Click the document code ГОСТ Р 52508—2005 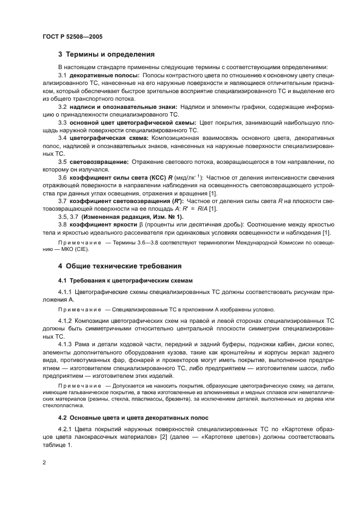point(72,36)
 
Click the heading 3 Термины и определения point(107,54)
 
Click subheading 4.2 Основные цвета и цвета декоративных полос point(133,419)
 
